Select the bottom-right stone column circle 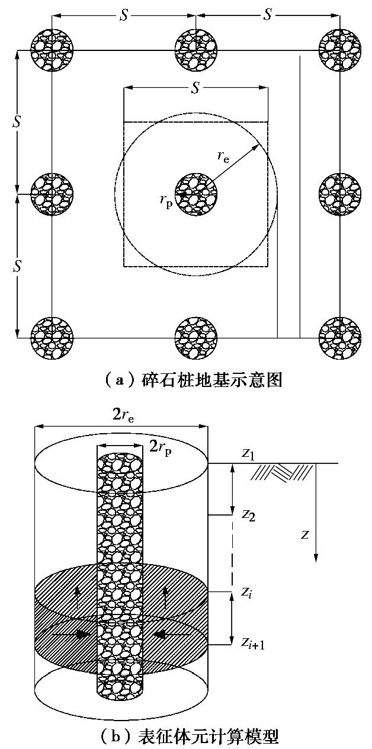pos(340,338)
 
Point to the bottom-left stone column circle pos(52,338)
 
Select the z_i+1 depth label pos(252,642)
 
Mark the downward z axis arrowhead pos(317,558)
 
